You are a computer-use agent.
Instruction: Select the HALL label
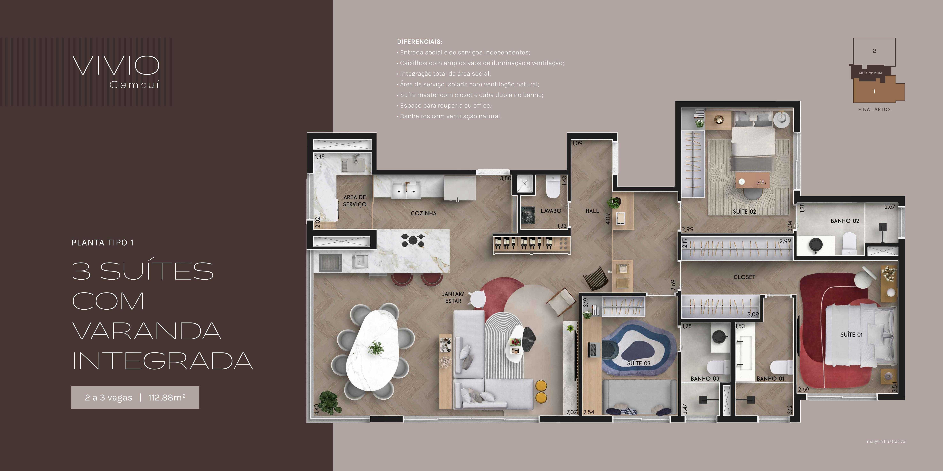point(592,211)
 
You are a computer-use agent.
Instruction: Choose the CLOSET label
point(744,277)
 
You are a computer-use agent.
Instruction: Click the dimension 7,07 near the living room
point(571,412)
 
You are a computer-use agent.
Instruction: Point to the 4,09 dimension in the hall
point(608,219)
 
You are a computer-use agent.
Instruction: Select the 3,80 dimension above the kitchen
point(506,178)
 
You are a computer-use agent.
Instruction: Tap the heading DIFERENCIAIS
point(419,42)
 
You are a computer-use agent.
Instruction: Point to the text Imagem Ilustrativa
point(885,441)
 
